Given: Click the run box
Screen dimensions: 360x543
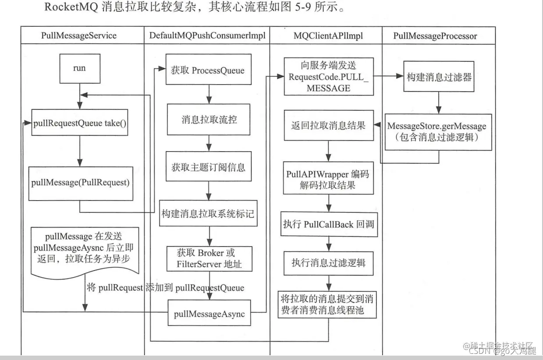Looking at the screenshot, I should (79, 69).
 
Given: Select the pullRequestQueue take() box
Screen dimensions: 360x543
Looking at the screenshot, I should (80, 124).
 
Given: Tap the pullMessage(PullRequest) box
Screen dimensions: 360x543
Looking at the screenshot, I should (80, 183).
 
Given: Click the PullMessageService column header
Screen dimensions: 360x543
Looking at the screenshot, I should (79, 36).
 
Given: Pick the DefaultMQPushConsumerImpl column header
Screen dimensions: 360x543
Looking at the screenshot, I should (207, 36).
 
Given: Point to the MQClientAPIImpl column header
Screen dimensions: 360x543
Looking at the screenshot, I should (326, 36).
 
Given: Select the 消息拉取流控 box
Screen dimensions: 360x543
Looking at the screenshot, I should (209, 120).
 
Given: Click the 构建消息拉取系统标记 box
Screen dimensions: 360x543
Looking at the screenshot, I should (208, 214).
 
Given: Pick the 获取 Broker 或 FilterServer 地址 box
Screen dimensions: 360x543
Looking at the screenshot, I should (209, 259).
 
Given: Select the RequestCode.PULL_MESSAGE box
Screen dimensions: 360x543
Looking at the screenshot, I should (328, 76).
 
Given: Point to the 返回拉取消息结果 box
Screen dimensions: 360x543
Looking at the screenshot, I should (328, 125).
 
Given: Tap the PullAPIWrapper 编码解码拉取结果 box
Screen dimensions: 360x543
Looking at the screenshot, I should (328, 180).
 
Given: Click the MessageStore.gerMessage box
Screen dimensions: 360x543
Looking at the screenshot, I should (438, 131).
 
